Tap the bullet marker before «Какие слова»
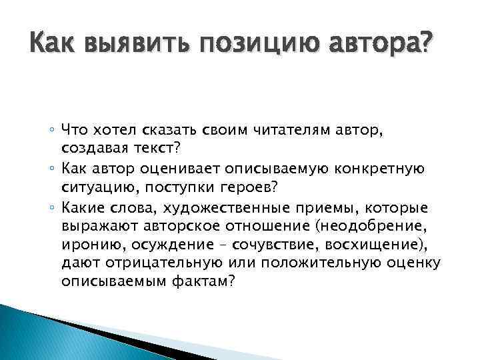click(71, 209)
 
